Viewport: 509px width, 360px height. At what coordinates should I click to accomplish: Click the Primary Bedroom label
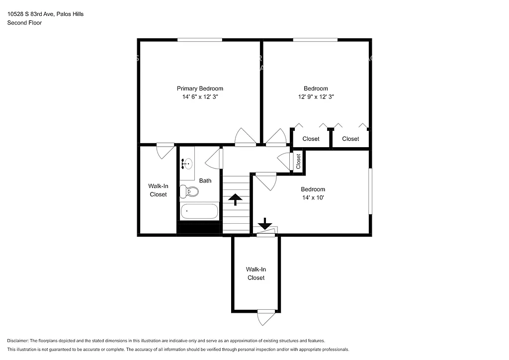(200, 89)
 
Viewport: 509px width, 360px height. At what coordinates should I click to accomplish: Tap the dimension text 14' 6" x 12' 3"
(200, 97)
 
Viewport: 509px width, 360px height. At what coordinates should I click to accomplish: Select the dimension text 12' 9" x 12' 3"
(316, 97)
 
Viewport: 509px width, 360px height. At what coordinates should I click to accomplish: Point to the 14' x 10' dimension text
(313, 197)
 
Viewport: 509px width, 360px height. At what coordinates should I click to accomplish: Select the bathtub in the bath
(199, 211)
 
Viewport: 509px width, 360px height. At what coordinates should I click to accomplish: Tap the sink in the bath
(187, 163)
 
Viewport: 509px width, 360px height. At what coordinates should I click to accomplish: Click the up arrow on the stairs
(235, 200)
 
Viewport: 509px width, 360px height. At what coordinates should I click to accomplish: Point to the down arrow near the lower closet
(265, 223)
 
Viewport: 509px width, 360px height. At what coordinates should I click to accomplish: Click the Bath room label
(205, 180)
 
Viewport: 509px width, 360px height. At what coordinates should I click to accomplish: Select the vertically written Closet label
(298, 161)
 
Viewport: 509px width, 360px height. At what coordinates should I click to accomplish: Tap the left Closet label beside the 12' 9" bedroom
(311, 139)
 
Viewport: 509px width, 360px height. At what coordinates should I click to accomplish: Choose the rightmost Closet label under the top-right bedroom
(350, 139)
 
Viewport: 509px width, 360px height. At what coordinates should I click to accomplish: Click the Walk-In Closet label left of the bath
(158, 190)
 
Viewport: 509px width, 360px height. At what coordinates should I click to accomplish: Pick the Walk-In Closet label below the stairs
(256, 273)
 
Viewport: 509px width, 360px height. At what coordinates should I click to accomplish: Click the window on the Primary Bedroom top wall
(200, 40)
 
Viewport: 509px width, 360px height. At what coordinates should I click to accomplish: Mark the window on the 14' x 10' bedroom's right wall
(370, 192)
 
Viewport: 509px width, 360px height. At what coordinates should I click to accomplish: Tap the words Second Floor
(24, 23)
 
